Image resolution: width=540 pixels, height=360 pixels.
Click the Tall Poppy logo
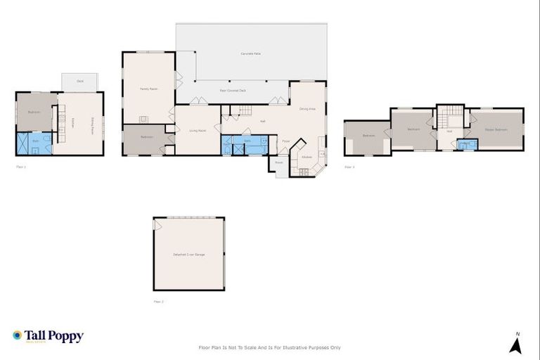[48, 336]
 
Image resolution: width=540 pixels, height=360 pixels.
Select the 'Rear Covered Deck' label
[233, 91]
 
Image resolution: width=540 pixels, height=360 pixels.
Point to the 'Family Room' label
[148, 89]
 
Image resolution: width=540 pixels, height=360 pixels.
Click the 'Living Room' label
[197, 131]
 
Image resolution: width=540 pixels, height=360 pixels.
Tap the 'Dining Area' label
[307, 109]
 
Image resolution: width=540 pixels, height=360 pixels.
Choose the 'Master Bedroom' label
[496, 130]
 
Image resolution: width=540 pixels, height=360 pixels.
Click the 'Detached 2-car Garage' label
[188, 254]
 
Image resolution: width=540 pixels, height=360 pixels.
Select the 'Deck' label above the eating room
[80, 82]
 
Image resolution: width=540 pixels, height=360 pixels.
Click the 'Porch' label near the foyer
[279, 162]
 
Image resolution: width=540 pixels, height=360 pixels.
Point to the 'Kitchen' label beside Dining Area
[307, 157]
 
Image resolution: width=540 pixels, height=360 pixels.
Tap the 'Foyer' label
[286, 141]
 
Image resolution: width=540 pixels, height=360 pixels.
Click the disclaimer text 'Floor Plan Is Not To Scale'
[270, 347]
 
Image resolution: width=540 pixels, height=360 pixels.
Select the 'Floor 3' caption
[349, 167]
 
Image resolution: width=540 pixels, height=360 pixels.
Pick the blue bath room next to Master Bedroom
[465, 144]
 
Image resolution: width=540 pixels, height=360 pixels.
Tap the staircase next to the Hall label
[243, 110]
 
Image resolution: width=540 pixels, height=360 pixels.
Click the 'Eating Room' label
[91, 126]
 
